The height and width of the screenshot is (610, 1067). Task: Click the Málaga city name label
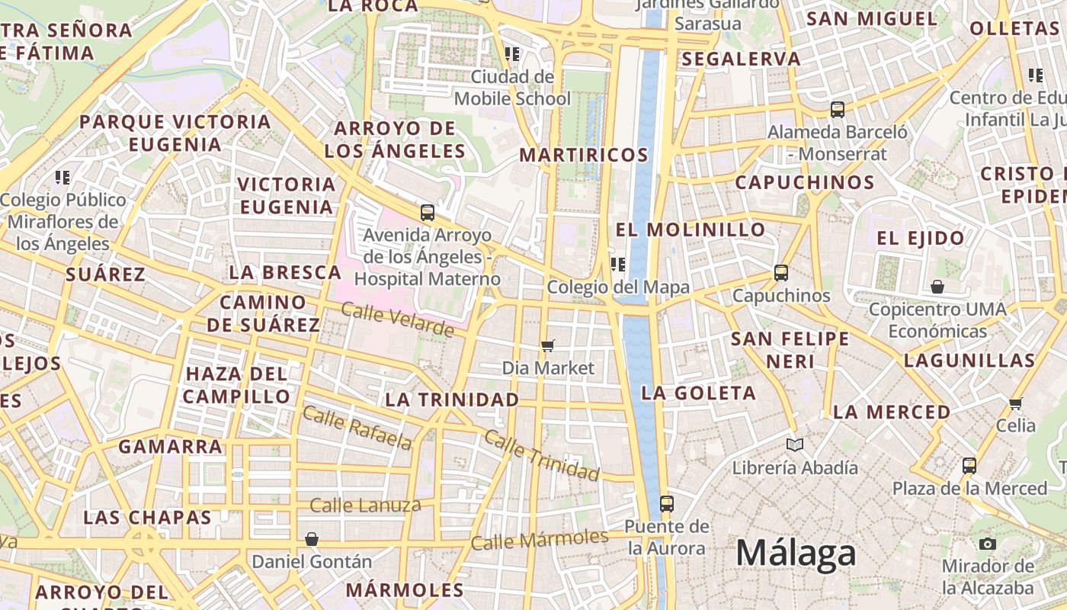[x=796, y=552]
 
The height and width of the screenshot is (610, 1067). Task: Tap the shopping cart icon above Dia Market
[x=547, y=346]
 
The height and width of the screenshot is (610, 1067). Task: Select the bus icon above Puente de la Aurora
[x=666, y=503]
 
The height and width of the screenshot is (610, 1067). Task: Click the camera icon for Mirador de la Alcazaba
[x=988, y=544]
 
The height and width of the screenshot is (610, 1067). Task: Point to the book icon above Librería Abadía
[x=794, y=445]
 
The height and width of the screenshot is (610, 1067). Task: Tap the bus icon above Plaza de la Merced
[x=969, y=465]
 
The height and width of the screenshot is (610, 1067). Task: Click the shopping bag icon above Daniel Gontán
[x=311, y=539]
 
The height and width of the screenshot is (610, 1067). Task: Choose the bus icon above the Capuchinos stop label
[x=780, y=272]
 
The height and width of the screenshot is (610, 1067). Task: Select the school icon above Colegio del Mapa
[x=617, y=265]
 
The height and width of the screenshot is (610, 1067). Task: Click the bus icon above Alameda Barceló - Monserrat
[x=837, y=109]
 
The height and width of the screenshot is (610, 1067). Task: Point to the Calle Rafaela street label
[x=357, y=427]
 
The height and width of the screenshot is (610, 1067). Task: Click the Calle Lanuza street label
[x=365, y=506]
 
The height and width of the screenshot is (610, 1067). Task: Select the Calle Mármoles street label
[x=539, y=540]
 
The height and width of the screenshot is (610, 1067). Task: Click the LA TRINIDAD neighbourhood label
[x=452, y=400]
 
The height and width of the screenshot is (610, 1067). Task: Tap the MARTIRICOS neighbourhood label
[x=583, y=156]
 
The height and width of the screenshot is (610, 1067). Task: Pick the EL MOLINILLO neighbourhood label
[x=691, y=230]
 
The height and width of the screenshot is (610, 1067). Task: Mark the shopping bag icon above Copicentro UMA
[x=937, y=287]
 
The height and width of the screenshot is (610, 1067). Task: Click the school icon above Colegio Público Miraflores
[x=62, y=178]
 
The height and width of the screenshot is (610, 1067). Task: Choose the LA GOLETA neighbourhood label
[x=699, y=393]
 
